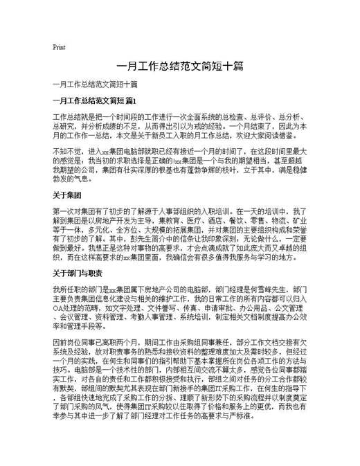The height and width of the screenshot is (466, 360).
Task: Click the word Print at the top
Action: [59, 48]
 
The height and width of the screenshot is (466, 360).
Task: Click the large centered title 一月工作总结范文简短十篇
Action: [179, 68]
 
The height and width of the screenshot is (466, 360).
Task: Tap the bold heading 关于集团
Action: [67, 195]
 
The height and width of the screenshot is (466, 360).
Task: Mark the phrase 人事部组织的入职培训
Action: [199, 208]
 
